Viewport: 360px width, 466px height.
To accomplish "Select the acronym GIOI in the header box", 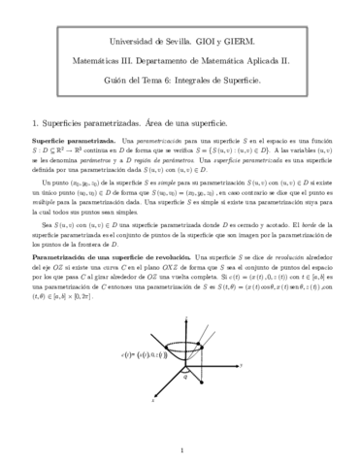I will coord(176,45).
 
